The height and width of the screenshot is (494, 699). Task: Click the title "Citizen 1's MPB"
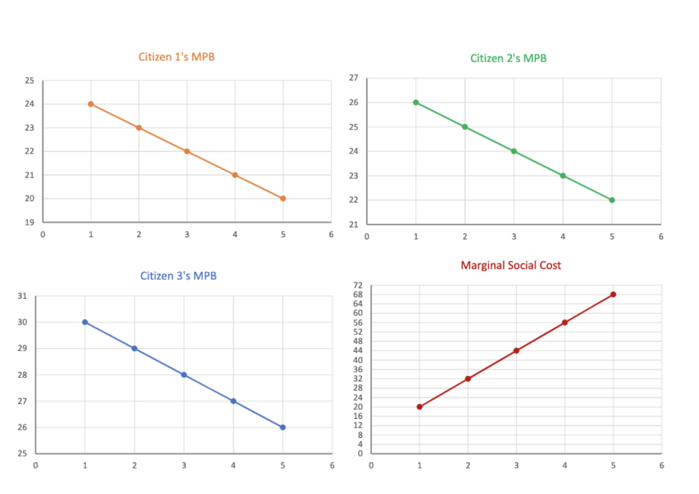(x=176, y=57)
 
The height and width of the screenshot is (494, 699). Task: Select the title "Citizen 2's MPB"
(x=508, y=58)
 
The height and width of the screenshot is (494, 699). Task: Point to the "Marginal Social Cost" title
(x=511, y=265)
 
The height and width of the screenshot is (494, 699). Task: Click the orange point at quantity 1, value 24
(x=91, y=104)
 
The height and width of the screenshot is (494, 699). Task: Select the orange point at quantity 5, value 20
(x=283, y=199)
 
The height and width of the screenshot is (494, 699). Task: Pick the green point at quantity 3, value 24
(x=514, y=152)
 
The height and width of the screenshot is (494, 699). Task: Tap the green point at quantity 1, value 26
(x=416, y=102)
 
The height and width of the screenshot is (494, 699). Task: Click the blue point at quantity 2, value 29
(x=134, y=348)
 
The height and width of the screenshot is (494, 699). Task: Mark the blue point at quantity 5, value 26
(x=283, y=428)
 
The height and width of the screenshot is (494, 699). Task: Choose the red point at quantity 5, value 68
(x=613, y=294)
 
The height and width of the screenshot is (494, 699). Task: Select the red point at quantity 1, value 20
(x=419, y=407)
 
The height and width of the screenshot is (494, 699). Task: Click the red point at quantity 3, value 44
(x=516, y=351)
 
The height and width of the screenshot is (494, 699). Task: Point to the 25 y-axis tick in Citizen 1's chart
(x=29, y=81)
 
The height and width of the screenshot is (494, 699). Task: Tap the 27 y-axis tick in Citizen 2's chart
(x=354, y=78)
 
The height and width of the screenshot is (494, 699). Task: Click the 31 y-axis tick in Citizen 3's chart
(x=23, y=297)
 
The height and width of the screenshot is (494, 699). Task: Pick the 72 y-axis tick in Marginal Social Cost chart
(x=357, y=285)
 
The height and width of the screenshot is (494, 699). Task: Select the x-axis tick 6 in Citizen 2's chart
(x=661, y=237)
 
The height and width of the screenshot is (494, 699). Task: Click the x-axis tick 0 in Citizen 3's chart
(x=35, y=465)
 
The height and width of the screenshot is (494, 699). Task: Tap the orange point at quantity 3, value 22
(x=187, y=152)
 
